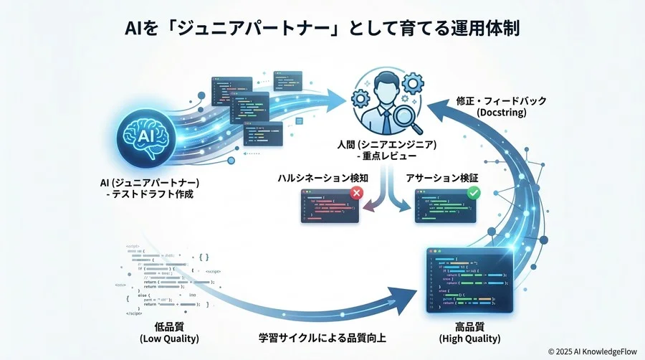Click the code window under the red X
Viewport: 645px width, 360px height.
click(x=329, y=209)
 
